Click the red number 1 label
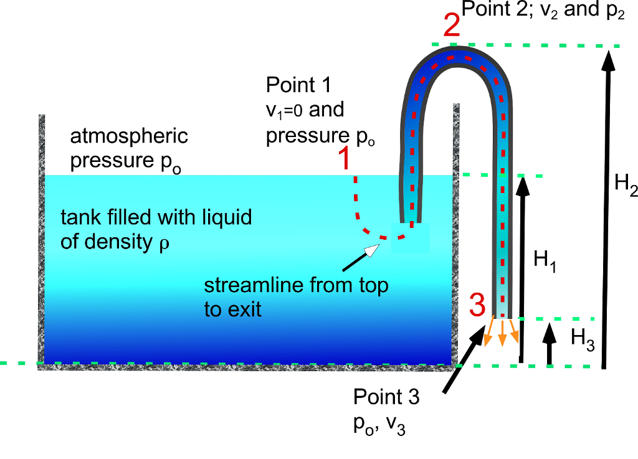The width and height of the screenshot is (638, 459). pyautogui.click(x=343, y=160)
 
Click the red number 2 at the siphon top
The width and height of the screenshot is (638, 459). pyautogui.click(x=452, y=27)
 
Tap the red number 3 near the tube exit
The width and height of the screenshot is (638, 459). pyautogui.click(x=477, y=306)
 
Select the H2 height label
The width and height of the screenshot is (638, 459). pyautogui.click(x=626, y=185)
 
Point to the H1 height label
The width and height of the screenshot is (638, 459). pyautogui.click(x=545, y=261)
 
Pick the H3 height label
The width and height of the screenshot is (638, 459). pyautogui.click(x=583, y=339)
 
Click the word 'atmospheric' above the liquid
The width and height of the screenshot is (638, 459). pyautogui.click(x=129, y=135)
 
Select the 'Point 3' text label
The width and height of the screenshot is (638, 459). pyautogui.click(x=386, y=396)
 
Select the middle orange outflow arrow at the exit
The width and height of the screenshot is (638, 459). pyautogui.click(x=503, y=333)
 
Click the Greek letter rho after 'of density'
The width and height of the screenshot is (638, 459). pyautogui.click(x=164, y=243)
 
